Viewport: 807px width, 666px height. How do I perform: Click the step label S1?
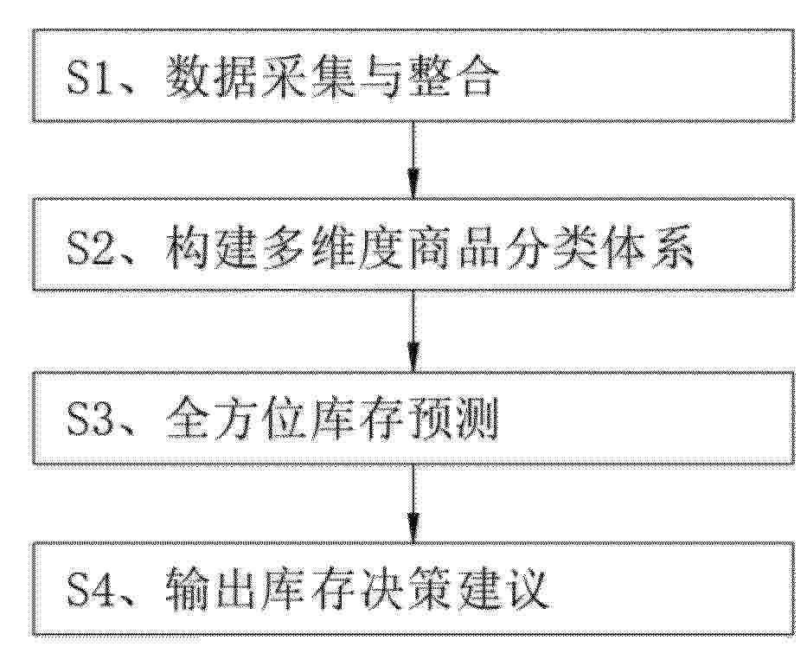tap(88, 80)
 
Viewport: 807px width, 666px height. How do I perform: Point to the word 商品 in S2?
tap(454, 249)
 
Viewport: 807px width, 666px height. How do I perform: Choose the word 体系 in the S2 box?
tap(649, 249)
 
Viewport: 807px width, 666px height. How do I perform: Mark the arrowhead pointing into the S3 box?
tap(413, 356)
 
